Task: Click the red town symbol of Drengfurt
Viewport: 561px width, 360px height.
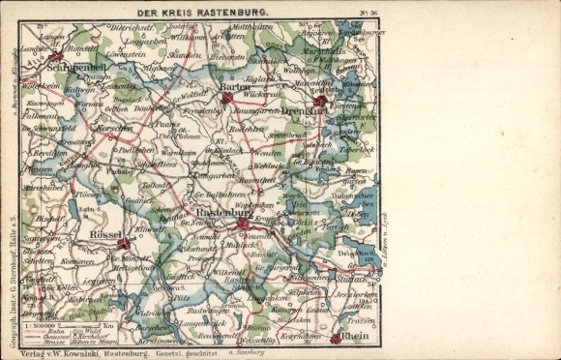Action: click(x=321, y=101)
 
